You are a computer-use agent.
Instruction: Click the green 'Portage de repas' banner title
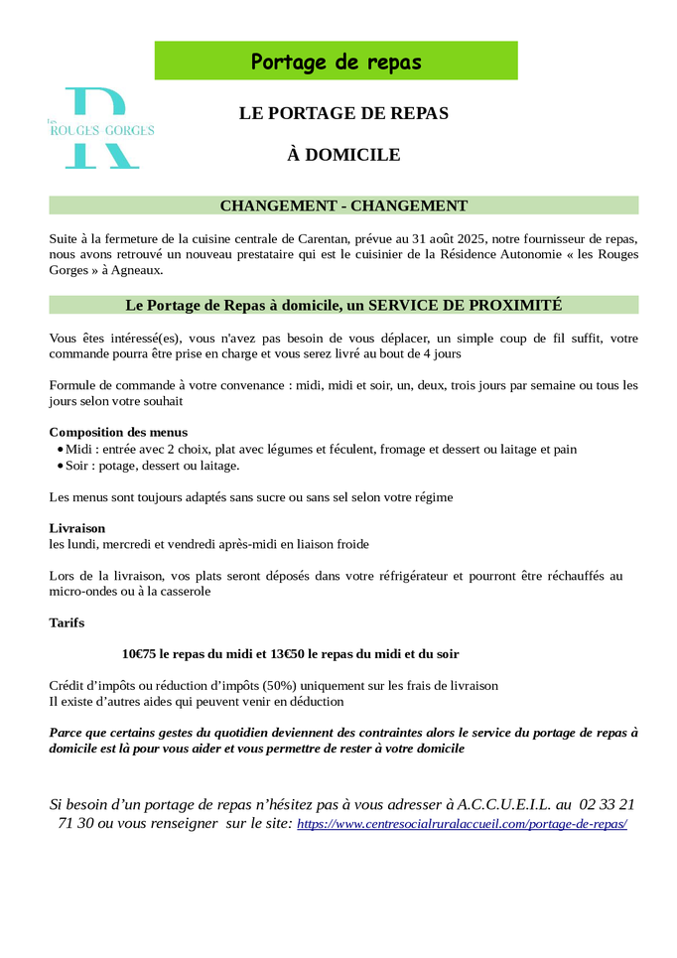coord(336,62)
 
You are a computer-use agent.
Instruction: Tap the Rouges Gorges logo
coord(100,128)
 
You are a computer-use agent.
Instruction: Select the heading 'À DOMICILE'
coord(343,155)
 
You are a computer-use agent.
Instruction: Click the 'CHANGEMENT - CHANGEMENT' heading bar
coord(343,205)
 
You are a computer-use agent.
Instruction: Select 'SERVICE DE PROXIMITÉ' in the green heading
coord(466,305)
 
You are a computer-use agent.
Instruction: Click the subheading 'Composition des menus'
coord(118,433)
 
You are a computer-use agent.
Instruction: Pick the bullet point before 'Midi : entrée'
coord(60,450)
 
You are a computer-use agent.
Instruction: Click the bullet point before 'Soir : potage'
coord(60,466)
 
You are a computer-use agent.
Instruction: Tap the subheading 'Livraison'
coord(76,528)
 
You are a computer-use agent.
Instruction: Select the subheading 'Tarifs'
coord(67,623)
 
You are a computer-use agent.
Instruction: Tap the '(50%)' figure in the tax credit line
coord(283,686)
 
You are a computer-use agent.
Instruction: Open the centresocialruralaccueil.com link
coord(462,825)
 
